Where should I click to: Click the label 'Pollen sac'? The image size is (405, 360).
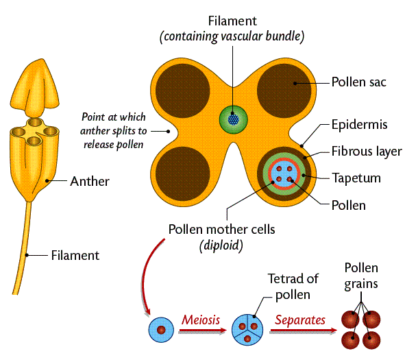[359, 82]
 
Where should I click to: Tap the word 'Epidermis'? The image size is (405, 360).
[360, 125]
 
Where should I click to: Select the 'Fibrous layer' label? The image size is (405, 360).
[366, 152]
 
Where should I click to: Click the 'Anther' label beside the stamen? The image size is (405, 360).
[89, 182]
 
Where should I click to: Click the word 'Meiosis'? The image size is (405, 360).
[200, 319]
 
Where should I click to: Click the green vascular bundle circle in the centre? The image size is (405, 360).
[232, 118]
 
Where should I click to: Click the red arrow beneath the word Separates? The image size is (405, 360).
[302, 331]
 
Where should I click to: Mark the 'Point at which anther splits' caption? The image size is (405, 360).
[113, 130]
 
